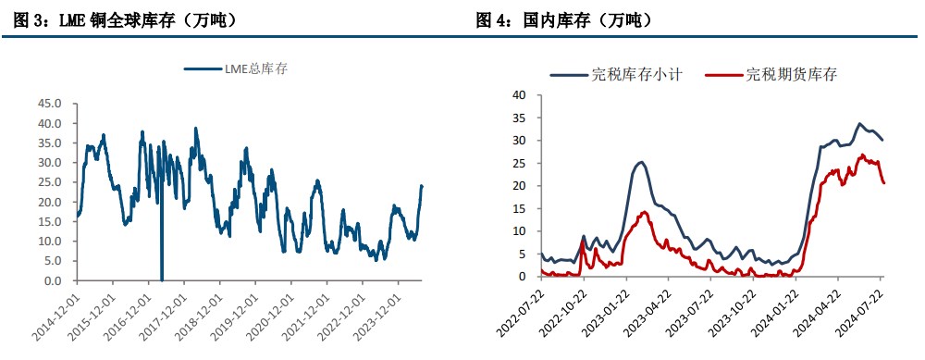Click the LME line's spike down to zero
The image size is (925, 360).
tap(162, 278)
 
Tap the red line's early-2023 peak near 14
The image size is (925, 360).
tap(644, 212)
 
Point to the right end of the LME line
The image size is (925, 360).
tap(423, 186)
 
